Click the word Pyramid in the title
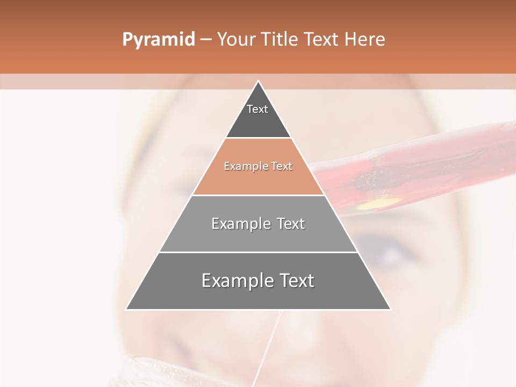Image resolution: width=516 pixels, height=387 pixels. pos(158,40)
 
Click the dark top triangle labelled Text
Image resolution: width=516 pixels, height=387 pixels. pos(258,121)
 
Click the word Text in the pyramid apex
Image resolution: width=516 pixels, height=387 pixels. pos(257,109)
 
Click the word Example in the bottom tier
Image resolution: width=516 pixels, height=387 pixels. pos(232,281)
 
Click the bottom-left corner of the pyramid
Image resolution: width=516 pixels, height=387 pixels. pos(127,309)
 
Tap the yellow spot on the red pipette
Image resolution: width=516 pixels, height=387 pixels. pos(379,203)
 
